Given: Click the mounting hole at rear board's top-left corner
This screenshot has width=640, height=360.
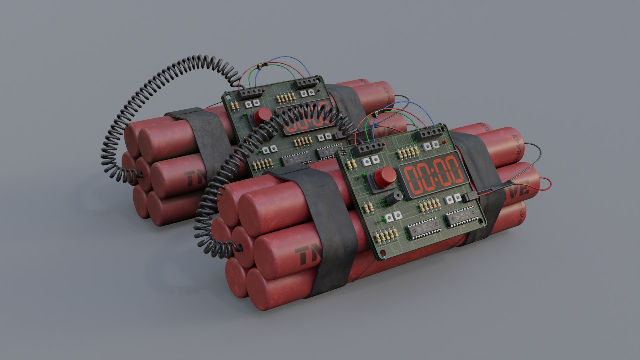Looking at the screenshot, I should (x=227, y=97).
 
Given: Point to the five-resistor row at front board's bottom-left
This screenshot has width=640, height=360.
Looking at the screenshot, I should (x=383, y=236).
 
